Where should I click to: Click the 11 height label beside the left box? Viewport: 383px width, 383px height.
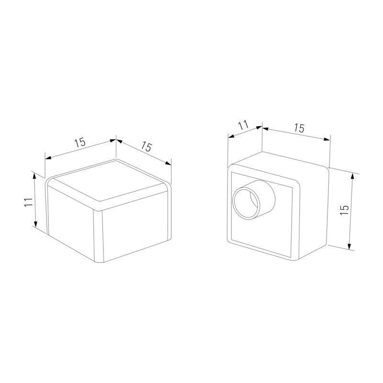tap(29, 202)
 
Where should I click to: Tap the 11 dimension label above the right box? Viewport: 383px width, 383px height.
tap(244, 125)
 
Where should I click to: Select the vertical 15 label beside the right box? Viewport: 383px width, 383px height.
tap(344, 210)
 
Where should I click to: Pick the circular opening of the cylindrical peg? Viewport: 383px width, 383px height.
tap(246, 204)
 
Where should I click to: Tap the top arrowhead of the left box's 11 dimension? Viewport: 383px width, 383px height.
tap(34, 175)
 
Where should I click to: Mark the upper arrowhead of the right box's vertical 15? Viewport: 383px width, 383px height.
tap(352, 175)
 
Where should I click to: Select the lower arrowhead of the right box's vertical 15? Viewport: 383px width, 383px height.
tap(349, 247)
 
